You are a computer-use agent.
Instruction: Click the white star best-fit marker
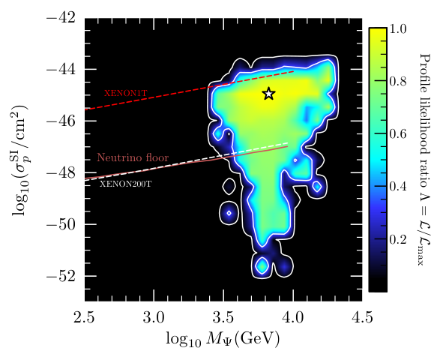(x=268, y=94)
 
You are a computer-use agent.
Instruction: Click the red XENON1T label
(x=126, y=93)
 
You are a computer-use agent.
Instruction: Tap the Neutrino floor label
(x=133, y=157)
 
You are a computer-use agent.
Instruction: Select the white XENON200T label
(x=126, y=184)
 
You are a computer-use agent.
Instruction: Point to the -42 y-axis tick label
(x=61, y=18)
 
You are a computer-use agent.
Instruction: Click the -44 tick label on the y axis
(x=61, y=69)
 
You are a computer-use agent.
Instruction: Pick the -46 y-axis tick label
(x=61, y=121)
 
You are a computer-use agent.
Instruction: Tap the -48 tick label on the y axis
(x=61, y=172)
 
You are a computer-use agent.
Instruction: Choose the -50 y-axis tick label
(x=61, y=224)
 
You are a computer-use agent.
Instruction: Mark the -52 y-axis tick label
(x=61, y=276)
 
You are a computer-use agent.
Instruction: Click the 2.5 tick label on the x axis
(x=84, y=318)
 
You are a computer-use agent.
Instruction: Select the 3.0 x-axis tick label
(x=154, y=318)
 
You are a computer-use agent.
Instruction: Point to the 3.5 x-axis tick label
(x=223, y=318)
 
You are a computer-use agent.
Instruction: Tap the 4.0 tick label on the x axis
(x=292, y=318)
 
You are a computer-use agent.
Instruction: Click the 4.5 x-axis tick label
(x=362, y=318)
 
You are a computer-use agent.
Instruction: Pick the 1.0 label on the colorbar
(x=398, y=28)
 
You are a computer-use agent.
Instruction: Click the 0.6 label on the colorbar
(x=398, y=133)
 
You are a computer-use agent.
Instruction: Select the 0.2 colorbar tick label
(x=398, y=239)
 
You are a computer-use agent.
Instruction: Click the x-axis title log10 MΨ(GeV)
(x=223, y=338)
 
